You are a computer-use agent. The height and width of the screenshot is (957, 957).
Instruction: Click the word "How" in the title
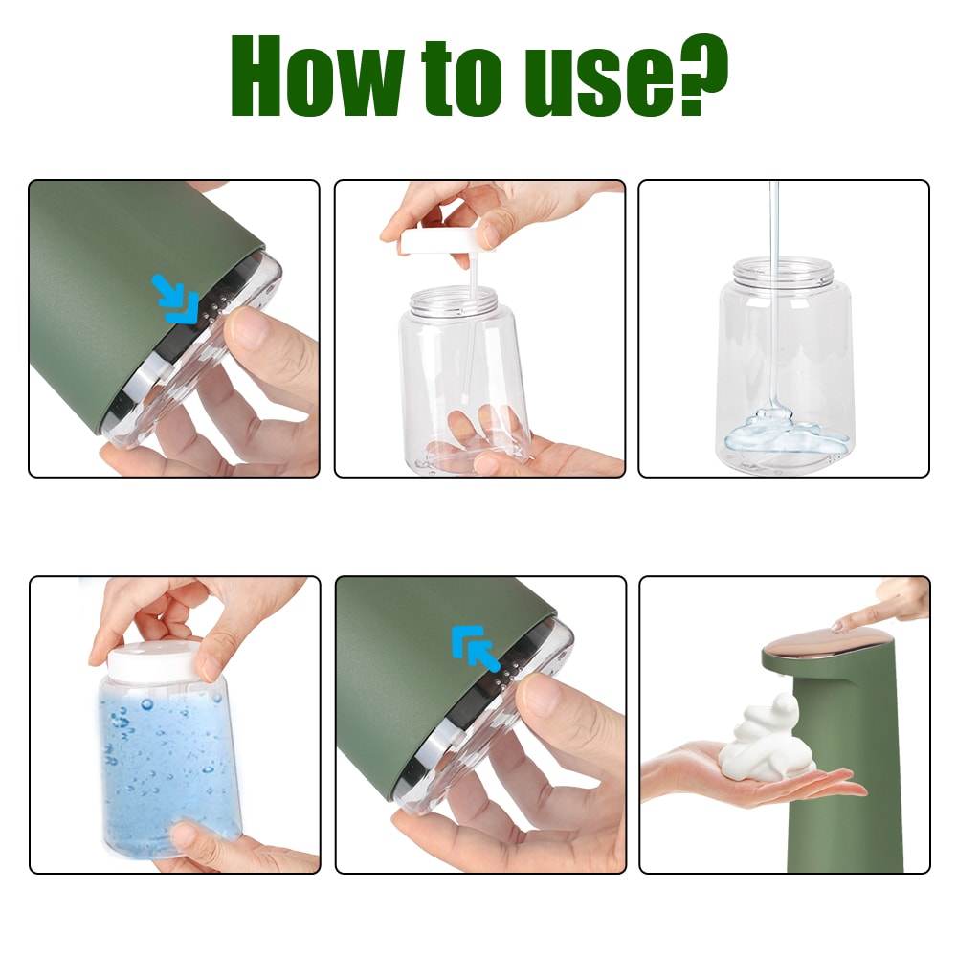pyautogui.click(x=315, y=78)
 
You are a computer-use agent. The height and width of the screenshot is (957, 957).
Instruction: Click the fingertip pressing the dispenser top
pyautogui.click(x=841, y=625)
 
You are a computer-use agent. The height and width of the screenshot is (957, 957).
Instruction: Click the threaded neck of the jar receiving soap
pyautogui.click(x=784, y=270)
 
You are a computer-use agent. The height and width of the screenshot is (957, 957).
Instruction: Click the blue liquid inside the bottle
pyautogui.click(x=167, y=766)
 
